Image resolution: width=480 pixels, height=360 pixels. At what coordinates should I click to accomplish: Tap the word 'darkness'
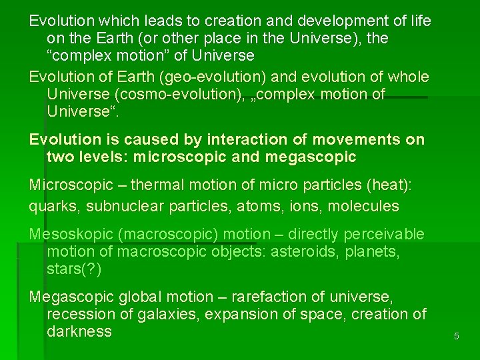pyautogui.click(x=79, y=332)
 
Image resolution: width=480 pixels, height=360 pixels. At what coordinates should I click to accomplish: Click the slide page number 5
pyautogui.click(x=457, y=337)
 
